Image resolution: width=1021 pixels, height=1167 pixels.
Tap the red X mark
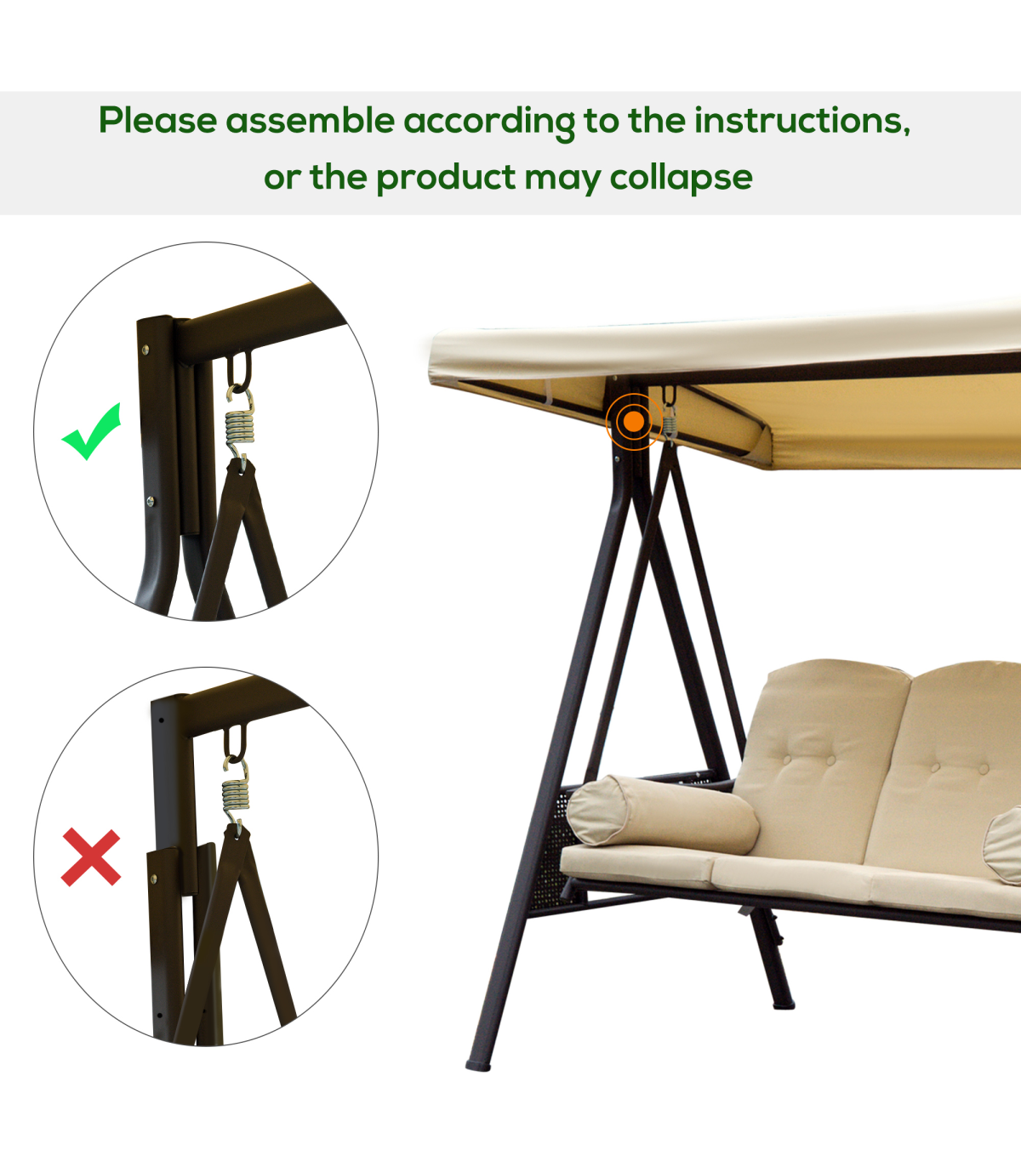point(91,857)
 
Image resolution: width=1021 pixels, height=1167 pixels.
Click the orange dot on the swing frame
point(634,422)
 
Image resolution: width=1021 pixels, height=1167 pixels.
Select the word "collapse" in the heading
point(681,178)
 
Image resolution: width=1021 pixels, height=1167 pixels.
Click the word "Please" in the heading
point(157,121)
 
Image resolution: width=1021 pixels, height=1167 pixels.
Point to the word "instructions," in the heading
point(802,121)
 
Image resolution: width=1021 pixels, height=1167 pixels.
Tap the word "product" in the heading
point(446,178)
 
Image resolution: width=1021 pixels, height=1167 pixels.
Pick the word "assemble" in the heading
point(311,121)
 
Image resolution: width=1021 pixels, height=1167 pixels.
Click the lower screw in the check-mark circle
point(151,501)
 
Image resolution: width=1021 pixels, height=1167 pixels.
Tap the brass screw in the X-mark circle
point(153,879)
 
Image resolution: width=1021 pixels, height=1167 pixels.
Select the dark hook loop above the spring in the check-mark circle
point(239,370)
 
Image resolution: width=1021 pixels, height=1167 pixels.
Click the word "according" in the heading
point(489,122)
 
